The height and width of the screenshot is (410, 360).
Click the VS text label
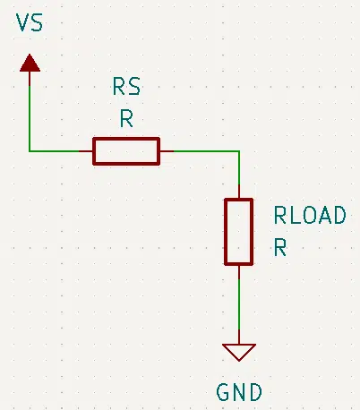[30, 22]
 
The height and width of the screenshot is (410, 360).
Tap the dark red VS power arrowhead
[30, 63]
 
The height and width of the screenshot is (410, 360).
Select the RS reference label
[126, 87]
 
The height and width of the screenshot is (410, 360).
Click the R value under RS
[126, 118]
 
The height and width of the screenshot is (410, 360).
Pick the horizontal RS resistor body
[126, 151]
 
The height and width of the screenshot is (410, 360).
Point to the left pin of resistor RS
[86, 151]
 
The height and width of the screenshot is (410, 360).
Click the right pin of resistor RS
[167, 151]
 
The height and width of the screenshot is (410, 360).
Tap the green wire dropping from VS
[30, 118]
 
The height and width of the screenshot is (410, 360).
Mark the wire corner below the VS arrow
[30, 151]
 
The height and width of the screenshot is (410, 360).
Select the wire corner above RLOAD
[239, 151]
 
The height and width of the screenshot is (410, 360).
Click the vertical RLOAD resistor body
[239, 232]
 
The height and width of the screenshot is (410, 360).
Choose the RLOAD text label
[310, 215]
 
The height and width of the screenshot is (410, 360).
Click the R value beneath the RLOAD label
[280, 247]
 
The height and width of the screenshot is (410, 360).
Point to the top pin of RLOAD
[239, 192]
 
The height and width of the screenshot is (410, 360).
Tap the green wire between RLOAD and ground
[239, 304]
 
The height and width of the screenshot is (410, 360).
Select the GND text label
[239, 392]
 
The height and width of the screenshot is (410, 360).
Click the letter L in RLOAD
[296, 215]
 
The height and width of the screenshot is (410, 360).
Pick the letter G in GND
[223, 392]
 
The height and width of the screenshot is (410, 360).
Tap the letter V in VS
[22, 22]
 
